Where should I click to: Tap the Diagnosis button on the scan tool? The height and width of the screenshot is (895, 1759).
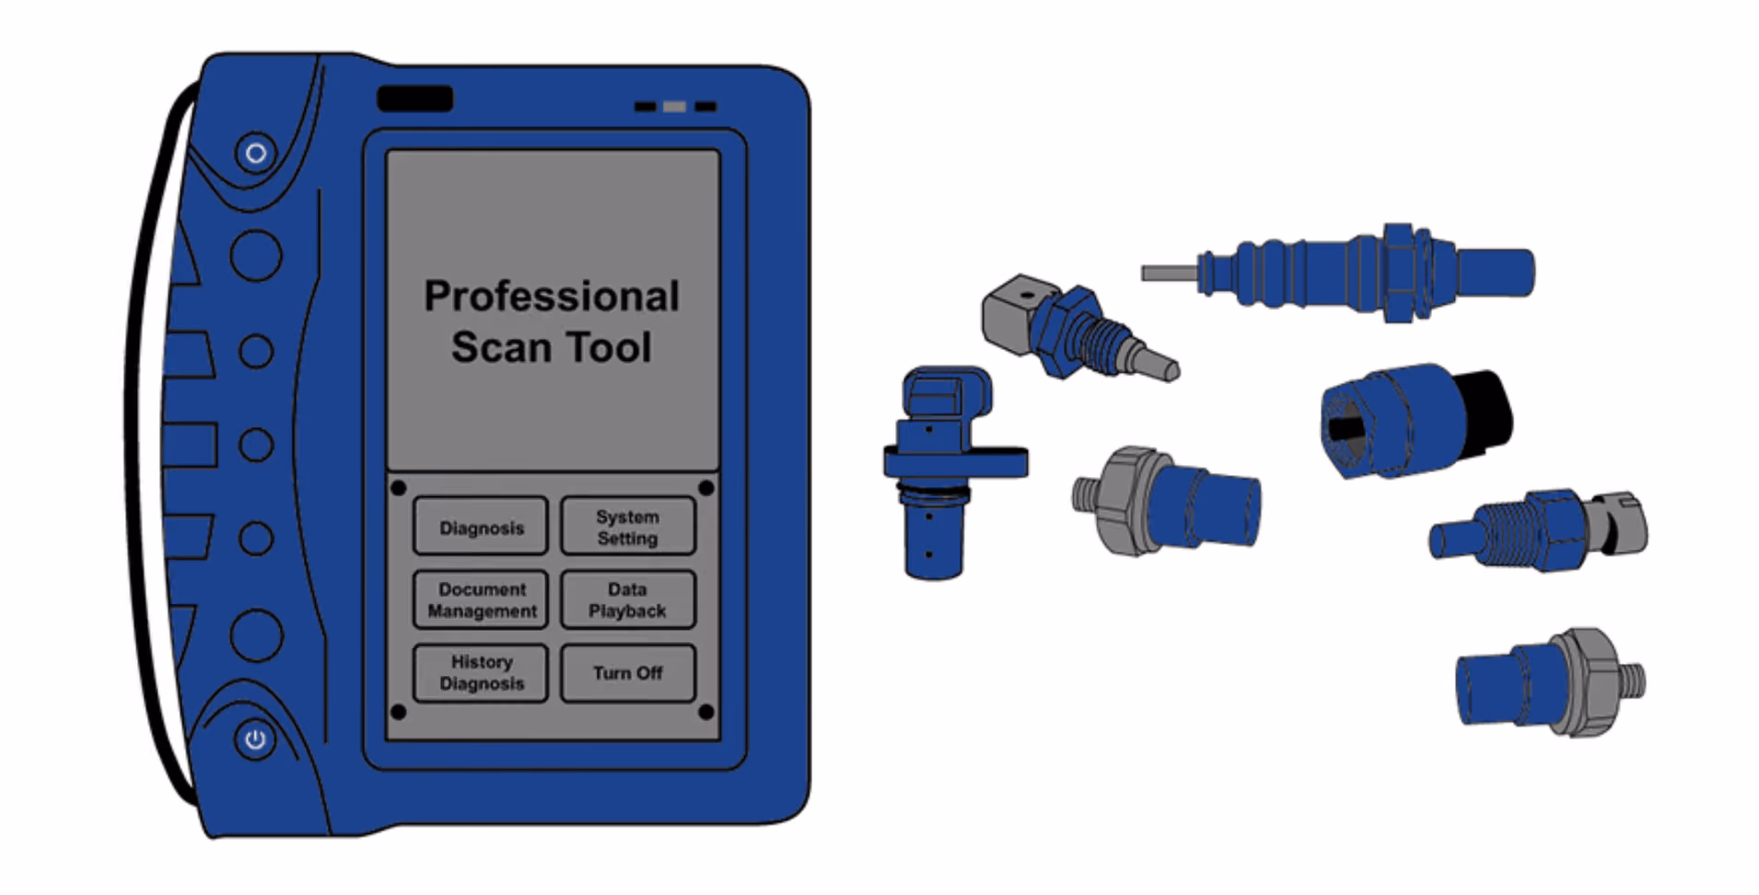click(480, 527)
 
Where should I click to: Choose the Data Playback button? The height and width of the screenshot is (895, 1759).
click(627, 599)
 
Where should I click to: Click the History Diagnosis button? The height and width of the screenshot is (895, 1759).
click(480, 673)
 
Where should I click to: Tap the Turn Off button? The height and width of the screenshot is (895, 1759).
click(627, 673)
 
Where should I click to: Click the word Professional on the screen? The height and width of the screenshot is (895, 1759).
click(552, 296)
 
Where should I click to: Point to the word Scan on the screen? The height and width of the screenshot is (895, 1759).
click(501, 347)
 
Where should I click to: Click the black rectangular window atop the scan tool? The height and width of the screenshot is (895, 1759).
click(414, 99)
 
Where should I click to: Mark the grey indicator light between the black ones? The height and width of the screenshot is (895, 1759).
click(674, 107)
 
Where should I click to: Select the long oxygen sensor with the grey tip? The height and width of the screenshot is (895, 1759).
click(1337, 273)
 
